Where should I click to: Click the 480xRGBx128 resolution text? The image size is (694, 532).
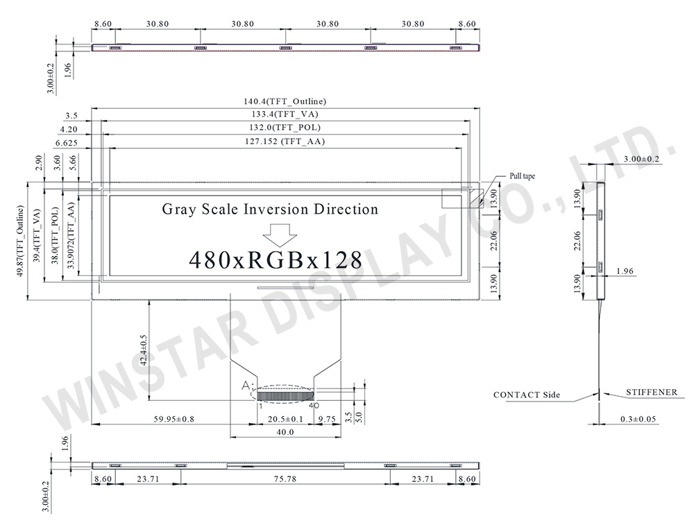276,260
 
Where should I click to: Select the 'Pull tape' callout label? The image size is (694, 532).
522,176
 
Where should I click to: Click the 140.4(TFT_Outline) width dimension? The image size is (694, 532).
285,101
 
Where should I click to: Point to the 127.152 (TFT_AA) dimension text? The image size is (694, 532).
285,141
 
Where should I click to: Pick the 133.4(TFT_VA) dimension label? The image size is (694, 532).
285,114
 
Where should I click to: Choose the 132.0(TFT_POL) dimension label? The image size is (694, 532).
285,128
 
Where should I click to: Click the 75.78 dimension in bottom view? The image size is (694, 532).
285,479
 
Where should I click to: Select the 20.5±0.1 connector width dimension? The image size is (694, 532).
285,419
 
